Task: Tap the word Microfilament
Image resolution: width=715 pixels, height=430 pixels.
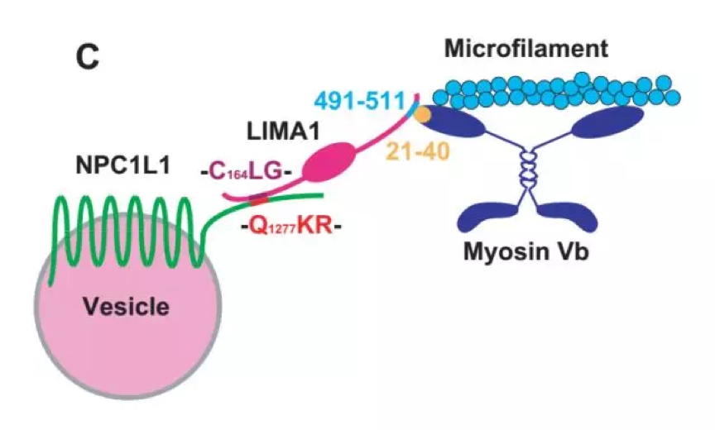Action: [x=525, y=49]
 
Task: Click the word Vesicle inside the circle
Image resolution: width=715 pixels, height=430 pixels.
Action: [x=126, y=308]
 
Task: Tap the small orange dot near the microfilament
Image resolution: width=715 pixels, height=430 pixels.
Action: [x=422, y=114]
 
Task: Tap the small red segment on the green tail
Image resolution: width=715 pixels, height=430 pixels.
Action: [x=259, y=199]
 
